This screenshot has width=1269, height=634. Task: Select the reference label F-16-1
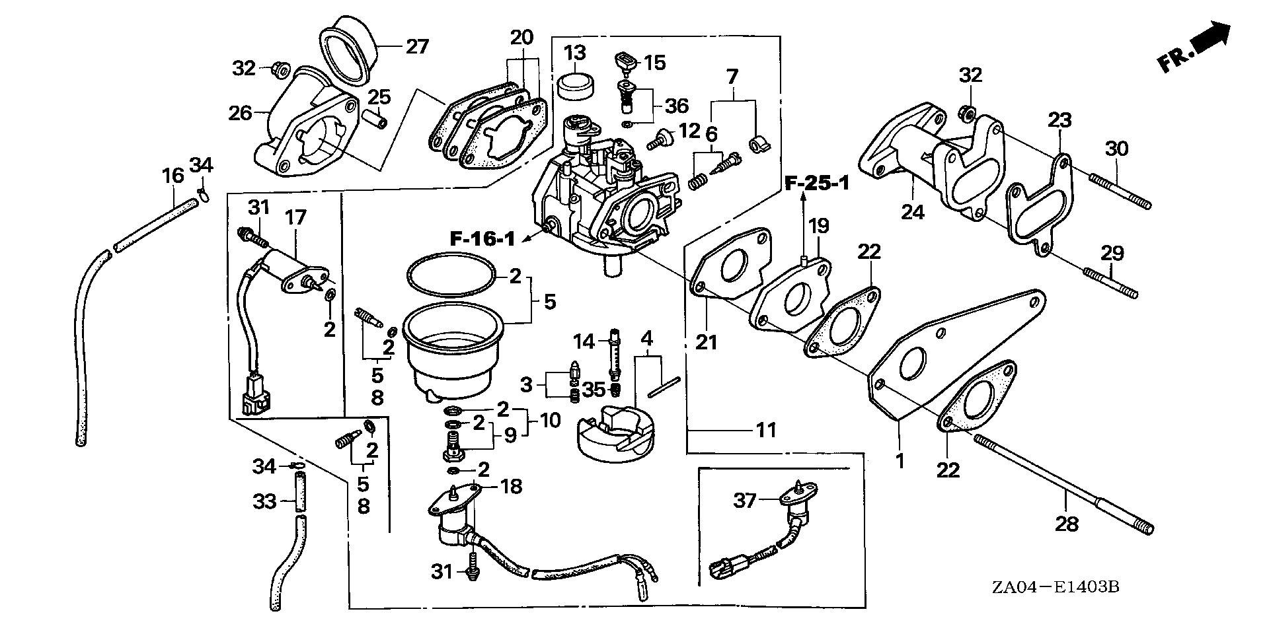coord(482,239)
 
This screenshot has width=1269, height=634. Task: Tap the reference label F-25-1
coord(817,183)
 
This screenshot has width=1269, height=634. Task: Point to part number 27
coord(417,47)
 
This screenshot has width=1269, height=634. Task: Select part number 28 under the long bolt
coord(1067,524)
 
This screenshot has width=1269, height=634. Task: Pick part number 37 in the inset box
coord(745,501)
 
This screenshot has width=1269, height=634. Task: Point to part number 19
coord(818,227)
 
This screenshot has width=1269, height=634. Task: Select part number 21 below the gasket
coord(706,341)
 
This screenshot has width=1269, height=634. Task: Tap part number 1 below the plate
coord(899,460)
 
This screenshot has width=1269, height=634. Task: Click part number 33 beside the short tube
coord(265,503)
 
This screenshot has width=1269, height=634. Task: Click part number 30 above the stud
coord(1116,149)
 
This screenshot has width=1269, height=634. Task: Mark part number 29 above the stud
coord(1112,252)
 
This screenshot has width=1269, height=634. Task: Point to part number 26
coord(241,113)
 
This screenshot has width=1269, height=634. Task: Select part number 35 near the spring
coord(594,390)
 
